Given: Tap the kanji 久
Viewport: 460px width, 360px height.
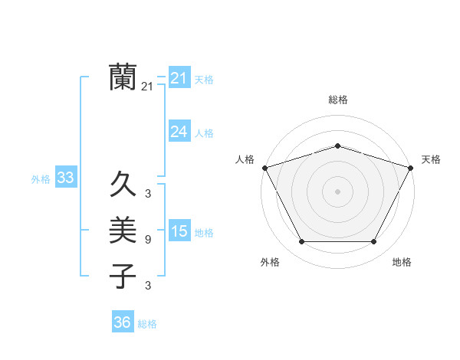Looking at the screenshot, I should pos(123,184).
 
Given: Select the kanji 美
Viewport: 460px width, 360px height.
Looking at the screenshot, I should pos(123,230).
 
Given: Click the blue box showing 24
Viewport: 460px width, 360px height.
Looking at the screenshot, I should pos(179,132).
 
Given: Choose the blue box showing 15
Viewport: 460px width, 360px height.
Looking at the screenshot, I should pos(179,232).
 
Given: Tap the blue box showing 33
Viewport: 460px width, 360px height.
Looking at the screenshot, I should pos(66,178).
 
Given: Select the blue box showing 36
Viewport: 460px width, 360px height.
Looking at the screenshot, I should pos(123,322).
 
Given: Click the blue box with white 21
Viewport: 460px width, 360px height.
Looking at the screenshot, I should pos(179,78).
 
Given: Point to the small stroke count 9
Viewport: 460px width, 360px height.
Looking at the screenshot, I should pos(147,240).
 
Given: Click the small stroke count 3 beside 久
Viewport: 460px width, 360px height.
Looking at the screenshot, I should pos(147,194).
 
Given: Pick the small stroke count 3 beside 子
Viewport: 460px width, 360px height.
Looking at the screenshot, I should pos(147,286).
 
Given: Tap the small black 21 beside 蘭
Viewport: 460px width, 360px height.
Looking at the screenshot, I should pos(147,87).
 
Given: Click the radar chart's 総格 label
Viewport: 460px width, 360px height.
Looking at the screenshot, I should pos(337,100).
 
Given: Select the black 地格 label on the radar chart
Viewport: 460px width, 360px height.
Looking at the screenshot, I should pos(402,262).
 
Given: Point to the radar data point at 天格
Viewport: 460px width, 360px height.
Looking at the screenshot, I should pos(411,168).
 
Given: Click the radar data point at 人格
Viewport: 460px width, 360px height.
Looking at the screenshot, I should pos(264,168).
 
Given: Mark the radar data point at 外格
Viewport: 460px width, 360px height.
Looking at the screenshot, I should pos(301,242).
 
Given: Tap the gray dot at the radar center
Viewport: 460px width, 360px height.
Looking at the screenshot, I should pos(337,191).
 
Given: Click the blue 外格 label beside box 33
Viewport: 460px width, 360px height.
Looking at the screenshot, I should pos(41,179).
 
